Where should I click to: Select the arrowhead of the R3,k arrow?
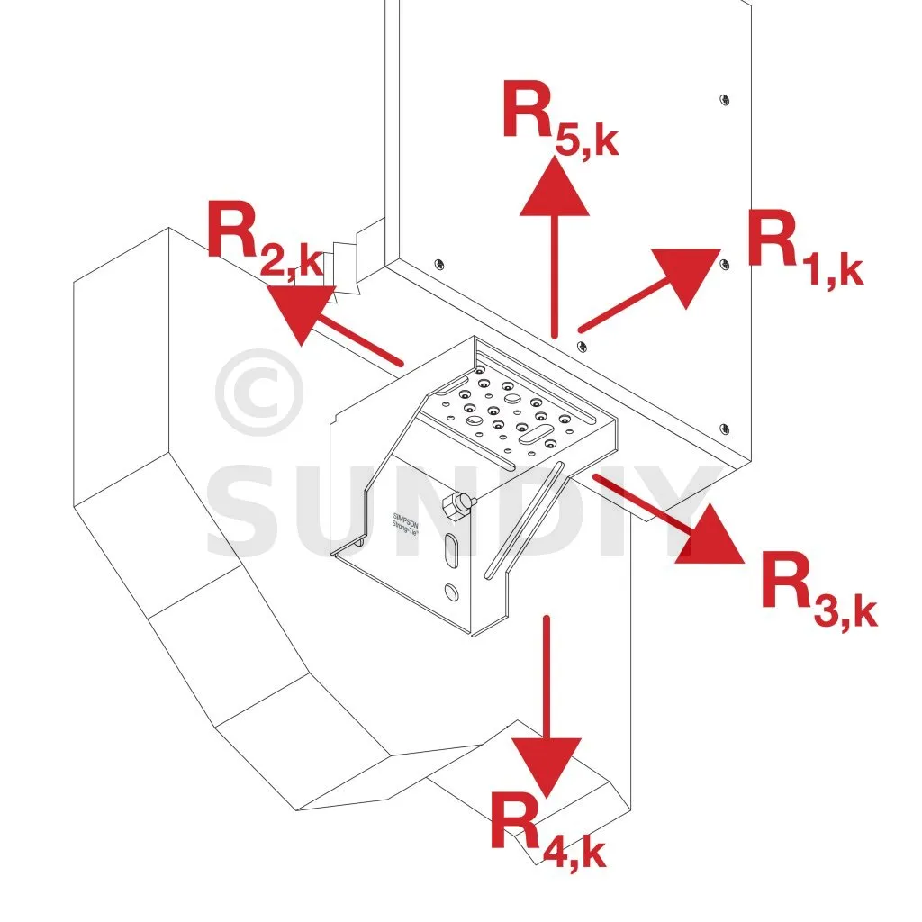[x=712, y=539]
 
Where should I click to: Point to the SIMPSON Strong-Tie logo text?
[x=402, y=528]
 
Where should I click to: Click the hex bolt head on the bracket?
[x=458, y=506]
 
